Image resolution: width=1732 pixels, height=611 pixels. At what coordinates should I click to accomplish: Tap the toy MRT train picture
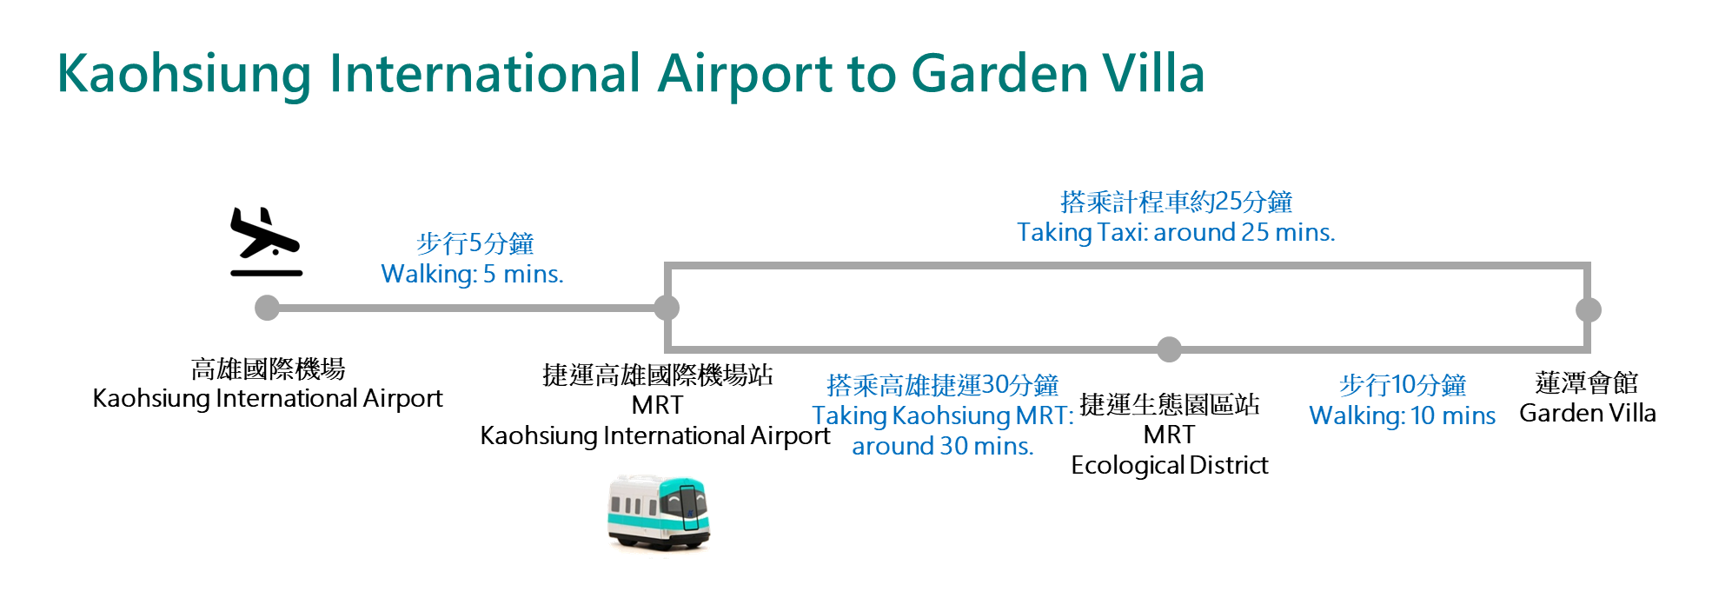[x=659, y=512]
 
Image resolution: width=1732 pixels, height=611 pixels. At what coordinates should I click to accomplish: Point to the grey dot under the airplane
[x=267, y=308]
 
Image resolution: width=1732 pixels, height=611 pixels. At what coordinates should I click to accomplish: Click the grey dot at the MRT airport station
[x=667, y=308]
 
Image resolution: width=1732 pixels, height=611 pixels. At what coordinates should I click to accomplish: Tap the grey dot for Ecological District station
[x=1170, y=349]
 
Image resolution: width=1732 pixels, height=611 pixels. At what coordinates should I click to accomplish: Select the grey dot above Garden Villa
[x=1589, y=309]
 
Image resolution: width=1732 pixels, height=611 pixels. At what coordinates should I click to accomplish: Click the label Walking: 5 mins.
[x=472, y=275]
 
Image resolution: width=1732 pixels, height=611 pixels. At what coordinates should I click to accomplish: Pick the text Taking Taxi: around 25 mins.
[x=1176, y=233]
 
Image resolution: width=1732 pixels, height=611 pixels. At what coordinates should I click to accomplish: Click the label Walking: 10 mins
[x=1403, y=416]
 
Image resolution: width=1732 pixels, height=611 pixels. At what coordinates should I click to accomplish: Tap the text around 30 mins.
[x=943, y=447]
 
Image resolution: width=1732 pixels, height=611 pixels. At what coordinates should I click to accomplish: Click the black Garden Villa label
[x=1588, y=414]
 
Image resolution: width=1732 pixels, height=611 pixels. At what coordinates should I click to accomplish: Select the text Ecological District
[x=1170, y=466]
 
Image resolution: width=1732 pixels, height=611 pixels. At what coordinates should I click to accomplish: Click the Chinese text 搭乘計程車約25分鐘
[x=1176, y=203]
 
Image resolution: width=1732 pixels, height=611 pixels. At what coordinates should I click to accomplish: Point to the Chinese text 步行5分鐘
[x=474, y=244]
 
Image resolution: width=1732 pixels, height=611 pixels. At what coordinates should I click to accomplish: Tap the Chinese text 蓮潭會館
[x=1587, y=383]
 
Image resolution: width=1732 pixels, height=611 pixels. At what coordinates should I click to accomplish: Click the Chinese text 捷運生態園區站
[x=1170, y=405]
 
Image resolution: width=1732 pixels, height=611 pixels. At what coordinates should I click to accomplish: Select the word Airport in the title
[x=745, y=75]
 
